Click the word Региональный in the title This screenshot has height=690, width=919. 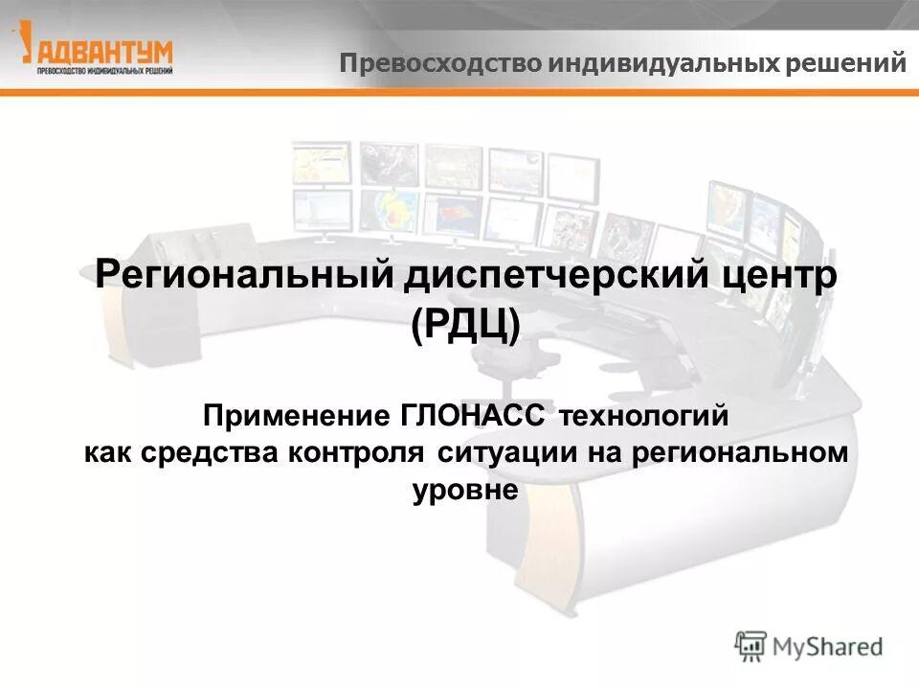point(245,279)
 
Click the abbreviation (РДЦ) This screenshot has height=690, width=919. point(466,327)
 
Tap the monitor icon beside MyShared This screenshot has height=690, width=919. point(751,645)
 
